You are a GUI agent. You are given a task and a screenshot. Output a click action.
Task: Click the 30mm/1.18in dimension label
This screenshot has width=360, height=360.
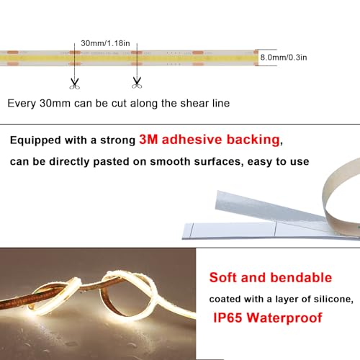pyautogui.click(x=105, y=43)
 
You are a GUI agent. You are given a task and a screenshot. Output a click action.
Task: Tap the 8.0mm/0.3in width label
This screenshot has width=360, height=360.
pyautogui.click(x=284, y=58)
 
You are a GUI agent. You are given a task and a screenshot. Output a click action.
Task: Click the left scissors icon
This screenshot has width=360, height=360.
pyautogui.click(x=74, y=84)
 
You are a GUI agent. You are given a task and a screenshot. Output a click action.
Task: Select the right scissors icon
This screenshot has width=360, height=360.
pyautogui.click(x=137, y=83)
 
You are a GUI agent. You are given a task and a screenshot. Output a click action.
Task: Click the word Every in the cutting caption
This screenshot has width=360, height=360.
pyautogui.click(x=22, y=104)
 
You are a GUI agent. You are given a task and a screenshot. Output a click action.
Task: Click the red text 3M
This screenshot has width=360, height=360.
pyautogui.click(x=148, y=140)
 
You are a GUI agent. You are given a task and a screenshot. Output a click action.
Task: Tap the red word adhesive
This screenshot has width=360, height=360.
pyautogui.click(x=192, y=140)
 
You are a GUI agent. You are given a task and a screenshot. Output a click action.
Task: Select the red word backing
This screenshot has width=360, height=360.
pyautogui.click(x=253, y=140)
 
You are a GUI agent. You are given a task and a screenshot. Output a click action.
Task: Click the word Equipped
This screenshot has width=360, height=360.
pyautogui.click(x=35, y=140)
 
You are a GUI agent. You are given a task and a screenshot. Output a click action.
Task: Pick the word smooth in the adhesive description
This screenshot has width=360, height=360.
pyautogui.click(x=170, y=161)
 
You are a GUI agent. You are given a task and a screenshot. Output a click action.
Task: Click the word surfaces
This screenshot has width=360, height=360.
pyautogui.click(x=218, y=162)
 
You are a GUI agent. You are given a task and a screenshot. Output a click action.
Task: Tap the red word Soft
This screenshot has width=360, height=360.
pyautogui.click(x=223, y=277)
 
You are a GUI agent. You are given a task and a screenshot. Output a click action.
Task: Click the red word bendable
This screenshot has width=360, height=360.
pyautogui.click(x=301, y=277)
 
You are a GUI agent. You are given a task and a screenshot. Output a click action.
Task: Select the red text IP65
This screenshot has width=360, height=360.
pyautogui.click(x=228, y=318)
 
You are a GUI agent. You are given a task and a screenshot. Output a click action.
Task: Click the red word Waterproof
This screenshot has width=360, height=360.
pyautogui.click(x=284, y=318)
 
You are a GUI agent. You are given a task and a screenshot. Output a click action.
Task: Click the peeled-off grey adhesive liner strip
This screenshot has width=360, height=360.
pyautogui.click(x=269, y=207)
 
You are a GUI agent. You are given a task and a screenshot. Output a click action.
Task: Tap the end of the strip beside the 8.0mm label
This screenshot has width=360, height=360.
pyautogui.click(x=256, y=58)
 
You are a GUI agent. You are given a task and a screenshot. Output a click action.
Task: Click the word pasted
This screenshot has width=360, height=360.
pyautogui.click(x=111, y=162)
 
